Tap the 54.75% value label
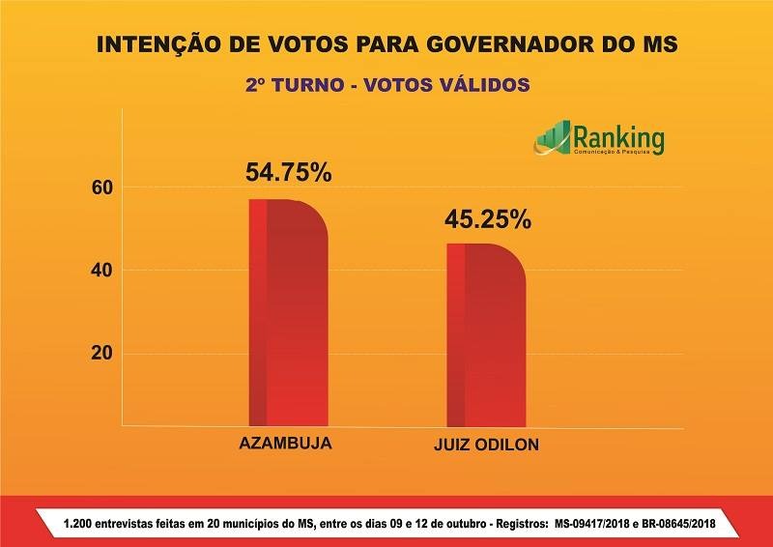tap(288, 173)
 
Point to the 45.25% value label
tap(487, 218)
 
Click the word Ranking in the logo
tap(618, 138)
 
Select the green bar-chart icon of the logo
tap(553, 139)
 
